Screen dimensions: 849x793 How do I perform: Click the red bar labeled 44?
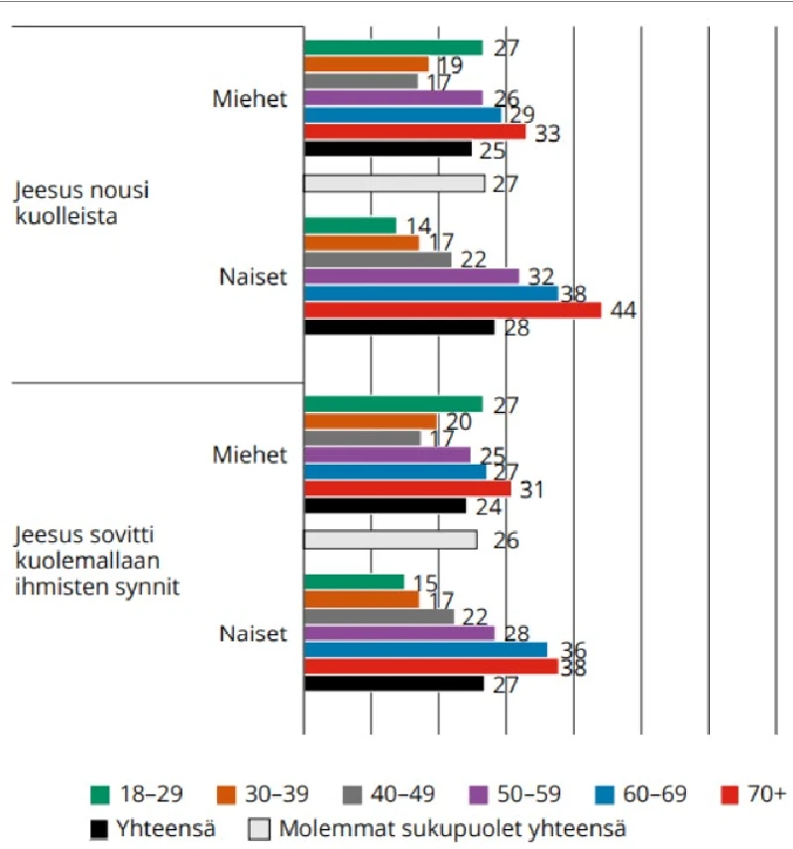point(452,310)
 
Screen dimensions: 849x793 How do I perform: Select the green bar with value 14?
point(350,225)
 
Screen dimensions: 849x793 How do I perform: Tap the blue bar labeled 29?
point(402,115)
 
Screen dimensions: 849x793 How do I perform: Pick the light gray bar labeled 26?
point(390,540)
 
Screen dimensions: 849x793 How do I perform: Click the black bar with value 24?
point(385,505)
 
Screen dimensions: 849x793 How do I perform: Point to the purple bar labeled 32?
point(411,275)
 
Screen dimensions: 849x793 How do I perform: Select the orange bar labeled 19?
point(367,64)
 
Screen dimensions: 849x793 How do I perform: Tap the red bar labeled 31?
point(407,488)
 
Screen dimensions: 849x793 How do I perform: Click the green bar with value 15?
point(354,582)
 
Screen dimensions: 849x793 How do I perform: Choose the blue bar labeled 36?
point(425,649)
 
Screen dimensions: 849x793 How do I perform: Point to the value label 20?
point(458,422)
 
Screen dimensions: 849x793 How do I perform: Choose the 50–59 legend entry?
point(515,795)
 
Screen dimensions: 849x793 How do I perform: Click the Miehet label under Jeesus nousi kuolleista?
point(250,99)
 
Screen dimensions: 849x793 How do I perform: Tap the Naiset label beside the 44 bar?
point(253,276)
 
